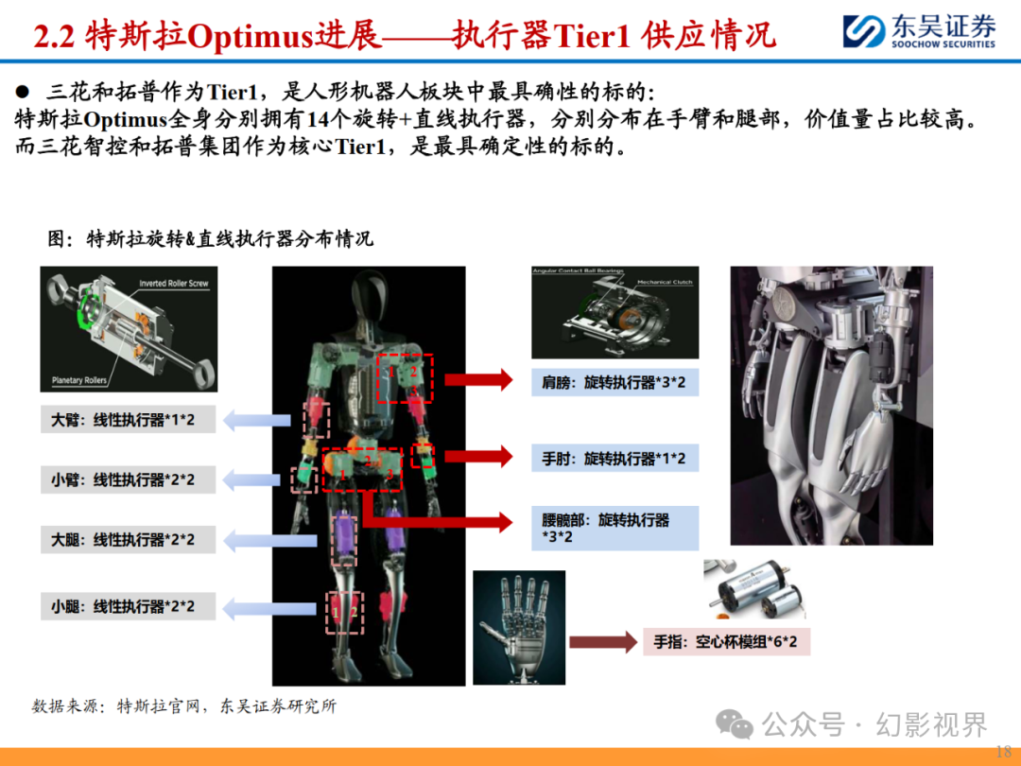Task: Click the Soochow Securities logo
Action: point(918,30)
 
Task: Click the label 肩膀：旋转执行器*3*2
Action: point(614,382)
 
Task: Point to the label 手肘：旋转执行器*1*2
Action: point(614,459)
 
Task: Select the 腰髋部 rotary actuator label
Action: point(614,528)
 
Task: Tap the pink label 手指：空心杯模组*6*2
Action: point(726,643)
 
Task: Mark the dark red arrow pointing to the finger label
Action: point(602,643)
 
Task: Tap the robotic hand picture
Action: point(518,626)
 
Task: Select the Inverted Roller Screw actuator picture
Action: point(129,328)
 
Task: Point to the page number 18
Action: point(1004,750)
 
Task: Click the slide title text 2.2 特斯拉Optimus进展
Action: point(208,36)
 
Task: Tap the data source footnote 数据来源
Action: point(184,705)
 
